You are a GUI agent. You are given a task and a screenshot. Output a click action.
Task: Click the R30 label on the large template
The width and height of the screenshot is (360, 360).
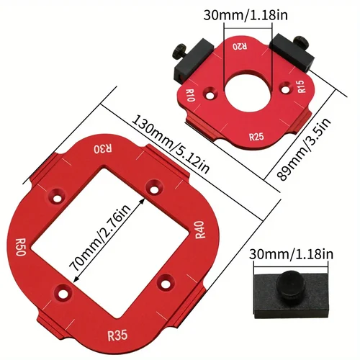(104, 149)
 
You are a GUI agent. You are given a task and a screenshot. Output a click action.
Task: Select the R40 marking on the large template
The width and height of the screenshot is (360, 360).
(199, 233)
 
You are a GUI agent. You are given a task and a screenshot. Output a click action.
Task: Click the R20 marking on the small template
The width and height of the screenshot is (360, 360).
(238, 47)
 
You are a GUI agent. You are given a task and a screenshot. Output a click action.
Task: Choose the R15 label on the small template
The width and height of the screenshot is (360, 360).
(300, 89)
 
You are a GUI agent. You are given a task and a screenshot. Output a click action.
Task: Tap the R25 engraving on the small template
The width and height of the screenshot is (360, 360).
(256, 135)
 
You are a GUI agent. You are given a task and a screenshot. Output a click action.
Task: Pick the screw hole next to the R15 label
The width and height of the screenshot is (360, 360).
(284, 87)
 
